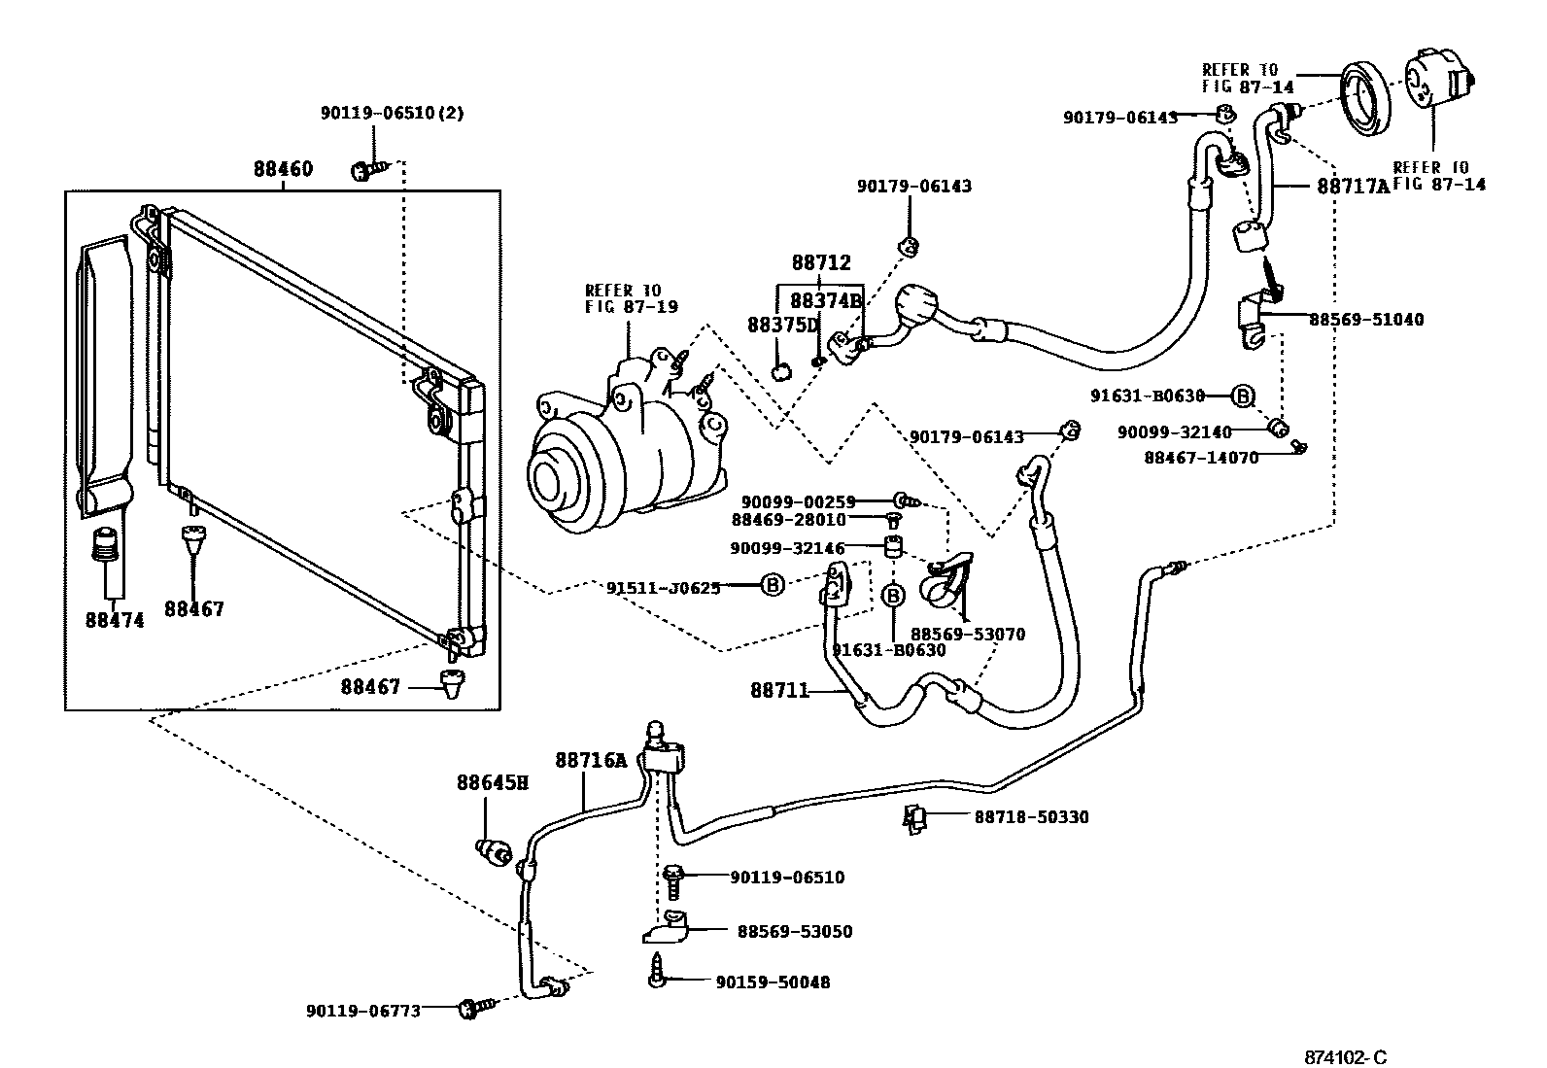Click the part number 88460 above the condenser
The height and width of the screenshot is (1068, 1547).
tap(283, 169)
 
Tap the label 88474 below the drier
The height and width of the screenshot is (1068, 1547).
tap(115, 620)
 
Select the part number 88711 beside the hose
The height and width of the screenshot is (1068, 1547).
tap(779, 691)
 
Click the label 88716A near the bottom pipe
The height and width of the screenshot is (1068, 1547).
tap(592, 760)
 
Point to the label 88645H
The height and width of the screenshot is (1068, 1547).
tap(493, 781)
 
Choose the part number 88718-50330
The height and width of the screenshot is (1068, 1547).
tap(1031, 817)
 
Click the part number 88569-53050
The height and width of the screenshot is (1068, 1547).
tap(794, 932)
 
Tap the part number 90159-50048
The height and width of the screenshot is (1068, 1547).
tap(773, 982)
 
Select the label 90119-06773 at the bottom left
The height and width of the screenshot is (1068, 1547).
tap(363, 1011)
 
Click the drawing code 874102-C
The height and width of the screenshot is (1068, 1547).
tap(1350, 1056)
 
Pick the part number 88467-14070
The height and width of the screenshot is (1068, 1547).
tap(1201, 458)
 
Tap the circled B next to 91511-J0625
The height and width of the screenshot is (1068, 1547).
tap(772, 585)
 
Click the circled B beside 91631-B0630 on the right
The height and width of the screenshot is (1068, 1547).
tap(1242, 396)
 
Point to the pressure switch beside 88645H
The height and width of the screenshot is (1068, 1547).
tap(495, 852)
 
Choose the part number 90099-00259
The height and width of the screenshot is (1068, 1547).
tap(798, 501)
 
